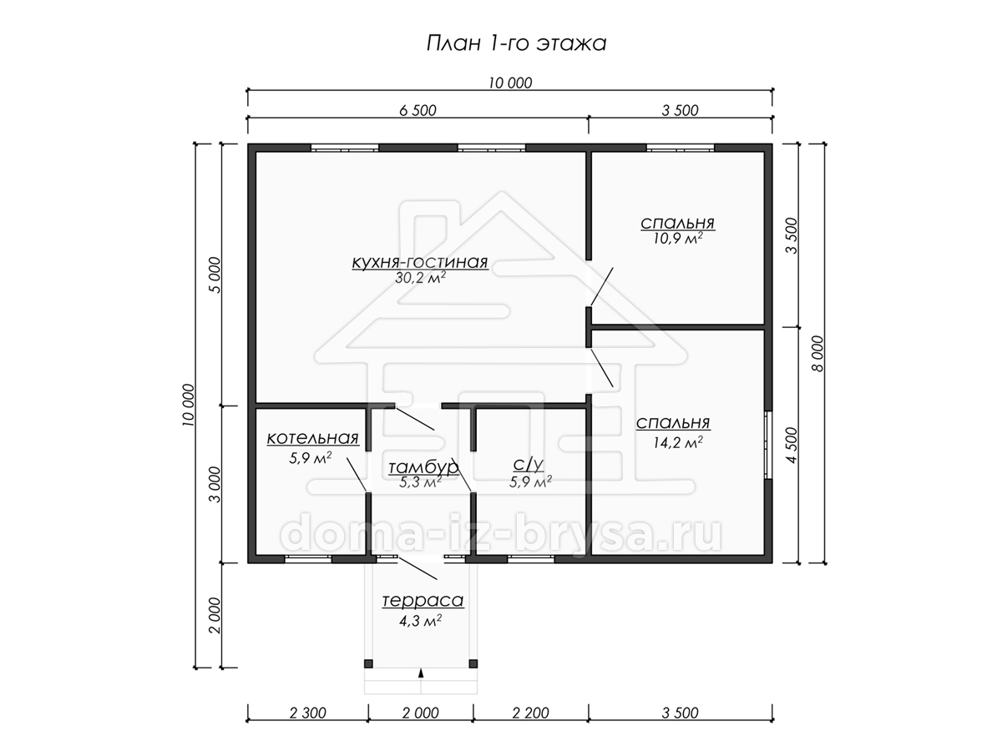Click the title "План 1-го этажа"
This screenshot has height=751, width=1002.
pos(516,43)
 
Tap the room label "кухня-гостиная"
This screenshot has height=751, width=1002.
pos(420,262)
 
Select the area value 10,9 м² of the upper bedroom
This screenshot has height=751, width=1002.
pos(677,238)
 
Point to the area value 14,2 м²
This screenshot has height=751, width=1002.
pos(677,442)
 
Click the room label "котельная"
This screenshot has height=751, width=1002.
pos(312,438)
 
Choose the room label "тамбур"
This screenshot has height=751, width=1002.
pos(423,467)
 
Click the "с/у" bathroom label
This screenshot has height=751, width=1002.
pos(529,464)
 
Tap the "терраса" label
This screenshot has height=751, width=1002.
pos(423,601)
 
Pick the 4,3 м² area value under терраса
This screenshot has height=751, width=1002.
pos(421,621)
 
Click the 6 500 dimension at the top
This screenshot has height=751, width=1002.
pos(417,110)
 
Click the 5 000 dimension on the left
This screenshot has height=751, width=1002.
pos(214,275)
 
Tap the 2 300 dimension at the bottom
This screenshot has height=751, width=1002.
pos(307,713)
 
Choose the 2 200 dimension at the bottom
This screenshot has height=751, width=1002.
pos(530,713)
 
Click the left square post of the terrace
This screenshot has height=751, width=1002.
pos(368,663)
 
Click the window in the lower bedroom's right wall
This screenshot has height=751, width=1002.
pos(769,445)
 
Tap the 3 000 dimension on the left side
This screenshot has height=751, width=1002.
pos(214,484)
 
